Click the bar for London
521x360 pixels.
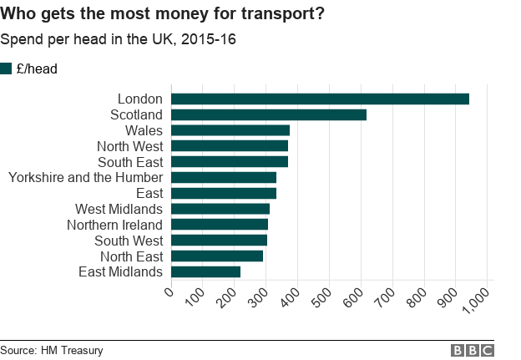click(320, 99)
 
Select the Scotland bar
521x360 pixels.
click(268, 114)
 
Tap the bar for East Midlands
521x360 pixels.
click(205, 271)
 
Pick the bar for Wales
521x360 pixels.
click(230, 130)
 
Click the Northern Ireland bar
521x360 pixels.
click(219, 225)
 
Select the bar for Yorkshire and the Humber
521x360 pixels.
click(223, 177)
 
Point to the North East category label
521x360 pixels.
click(131, 256)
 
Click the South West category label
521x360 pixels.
click(129, 241)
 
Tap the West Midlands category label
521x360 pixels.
click(119, 209)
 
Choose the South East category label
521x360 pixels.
click(130, 162)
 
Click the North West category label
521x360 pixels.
click(129, 146)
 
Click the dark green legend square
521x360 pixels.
click(7, 68)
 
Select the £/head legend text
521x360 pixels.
click(37, 68)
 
